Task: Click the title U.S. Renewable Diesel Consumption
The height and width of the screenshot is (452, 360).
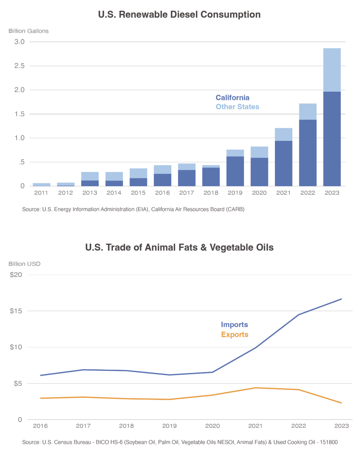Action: (x=179, y=15)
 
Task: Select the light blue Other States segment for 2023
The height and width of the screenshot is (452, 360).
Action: (x=332, y=70)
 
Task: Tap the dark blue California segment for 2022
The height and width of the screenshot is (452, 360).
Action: (x=308, y=153)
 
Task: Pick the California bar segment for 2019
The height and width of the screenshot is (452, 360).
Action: (x=235, y=171)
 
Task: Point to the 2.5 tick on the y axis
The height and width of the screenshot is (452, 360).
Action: (x=19, y=66)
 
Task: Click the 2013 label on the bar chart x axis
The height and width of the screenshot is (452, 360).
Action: (x=90, y=193)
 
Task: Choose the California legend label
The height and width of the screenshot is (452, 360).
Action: (x=232, y=98)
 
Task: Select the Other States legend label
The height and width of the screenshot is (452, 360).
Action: (x=237, y=107)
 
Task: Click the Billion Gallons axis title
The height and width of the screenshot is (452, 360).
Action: (x=28, y=31)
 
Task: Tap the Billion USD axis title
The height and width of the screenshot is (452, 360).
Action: (x=24, y=264)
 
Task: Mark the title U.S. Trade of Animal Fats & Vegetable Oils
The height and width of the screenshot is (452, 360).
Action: (x=179, y=248)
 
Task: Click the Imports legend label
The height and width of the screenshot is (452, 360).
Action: (x=235, y=325)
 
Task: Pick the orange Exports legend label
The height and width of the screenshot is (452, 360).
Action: (x=235, y=335)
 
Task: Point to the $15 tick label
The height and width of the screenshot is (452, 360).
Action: (x=16, y=311)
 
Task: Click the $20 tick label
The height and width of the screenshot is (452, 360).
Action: (x=16, y=275)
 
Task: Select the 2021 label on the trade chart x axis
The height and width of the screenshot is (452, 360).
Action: (x=255, y=426)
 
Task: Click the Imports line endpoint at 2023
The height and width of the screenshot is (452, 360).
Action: (x=341, y=299)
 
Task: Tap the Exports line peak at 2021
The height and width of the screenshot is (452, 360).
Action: (x=255, y=388)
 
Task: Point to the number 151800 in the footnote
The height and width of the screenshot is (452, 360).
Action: (x=329, y=442)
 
